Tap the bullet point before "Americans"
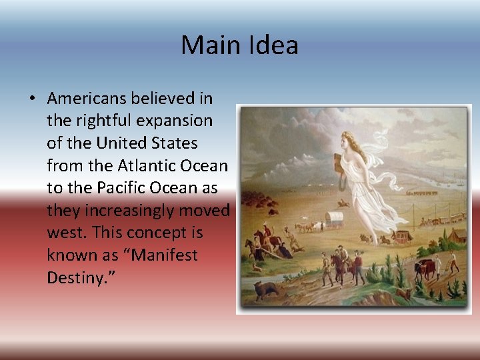[32, 99]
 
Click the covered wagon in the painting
[333, 218]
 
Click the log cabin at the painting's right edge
[458, 235]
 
